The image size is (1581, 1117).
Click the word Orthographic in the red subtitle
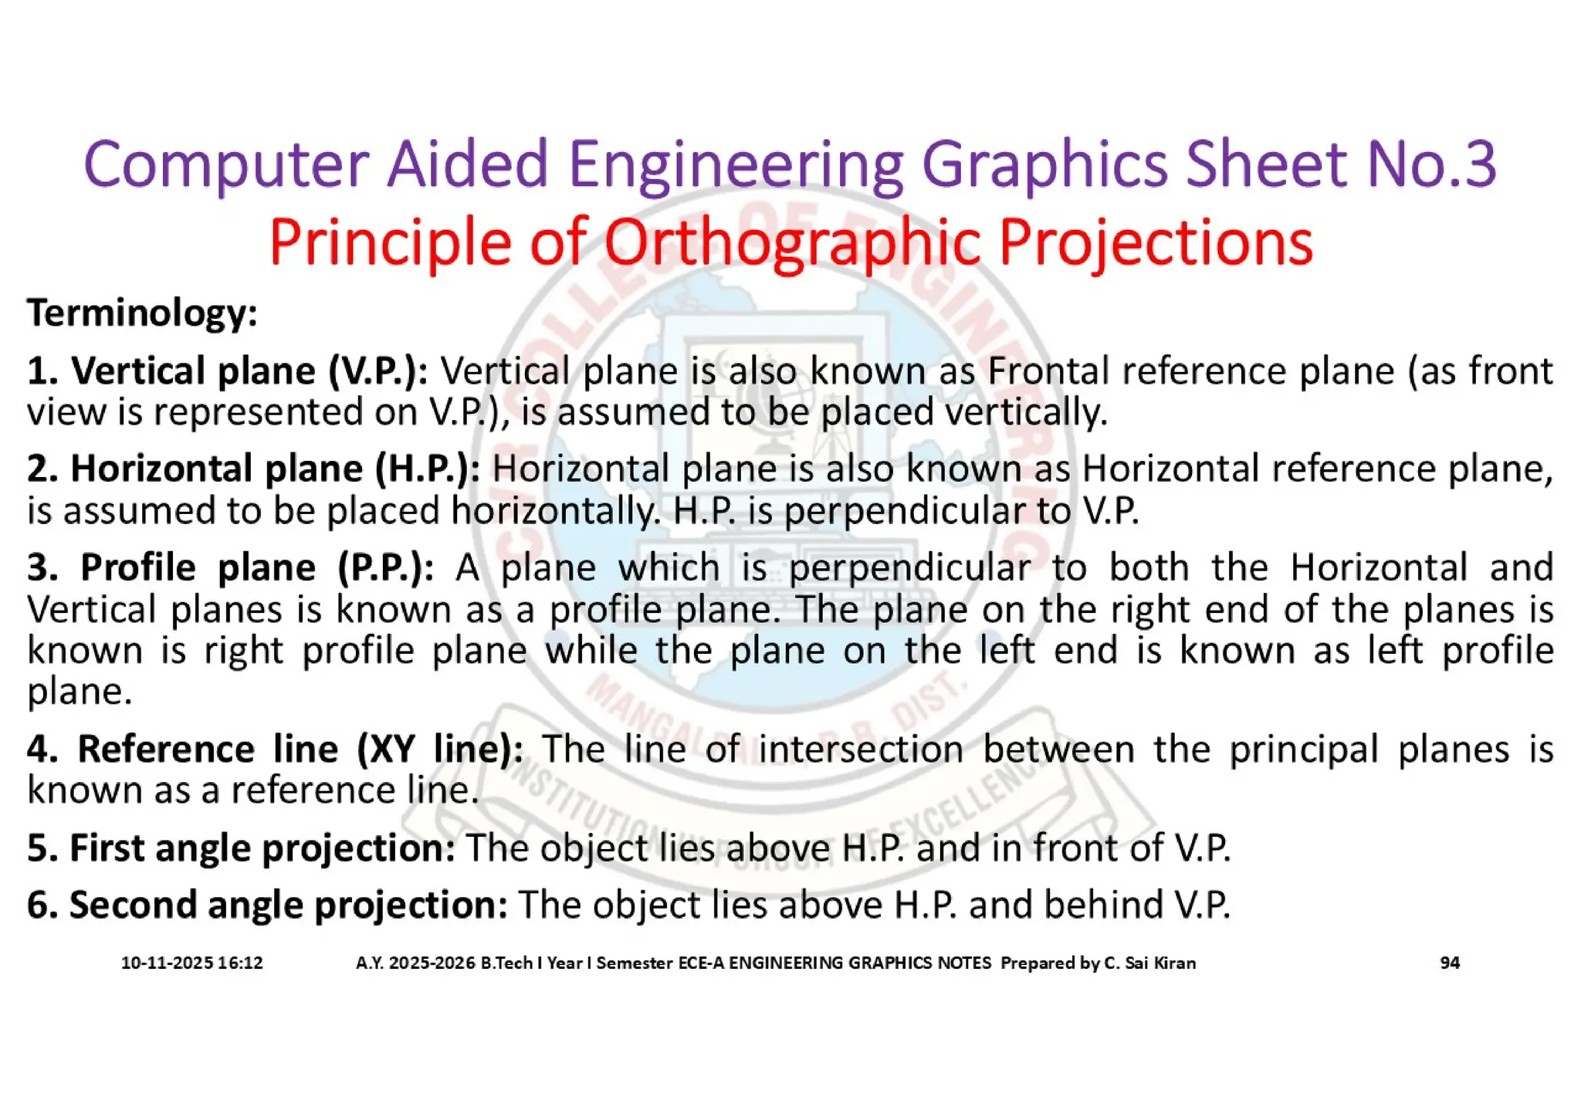[x=792, y=242]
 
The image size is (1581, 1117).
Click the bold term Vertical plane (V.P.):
[x=228, y=371]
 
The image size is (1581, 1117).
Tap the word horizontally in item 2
[x=556, y=510]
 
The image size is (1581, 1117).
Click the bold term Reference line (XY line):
[x=275, y=749]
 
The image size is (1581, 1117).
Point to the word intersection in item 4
[x=860, y=749]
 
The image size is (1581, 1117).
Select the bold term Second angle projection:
[x=267, y=905]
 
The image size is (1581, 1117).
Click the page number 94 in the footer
[x=1450, y=963]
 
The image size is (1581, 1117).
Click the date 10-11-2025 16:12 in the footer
[x=191, y=963]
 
